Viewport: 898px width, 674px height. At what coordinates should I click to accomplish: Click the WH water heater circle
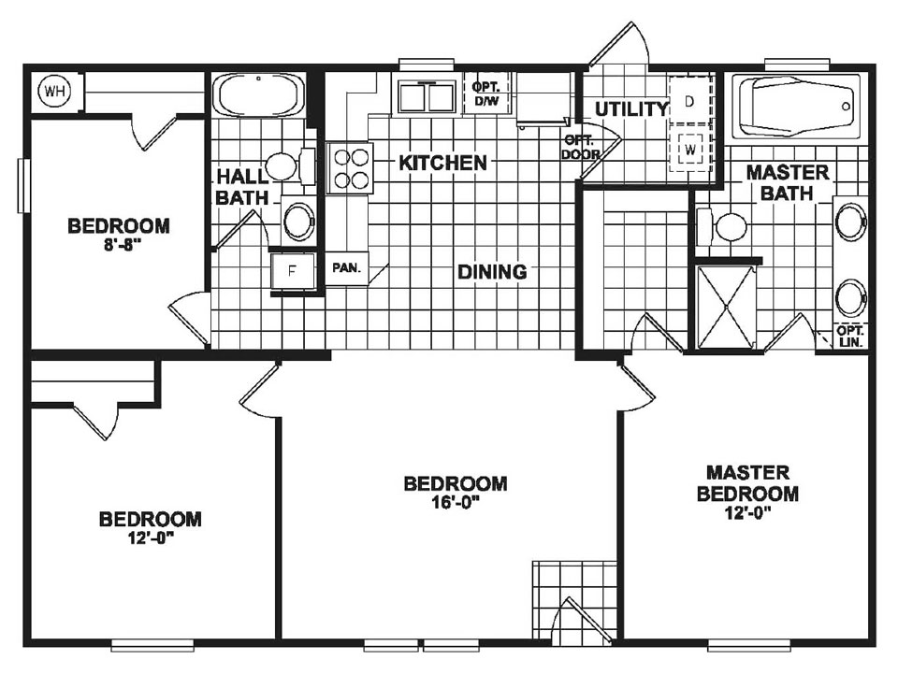coord(53,93)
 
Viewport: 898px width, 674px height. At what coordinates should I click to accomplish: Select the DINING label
coord(492,272)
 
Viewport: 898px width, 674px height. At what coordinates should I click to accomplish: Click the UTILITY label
coord(631,109)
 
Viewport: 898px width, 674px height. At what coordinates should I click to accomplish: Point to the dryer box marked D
coord(689,101)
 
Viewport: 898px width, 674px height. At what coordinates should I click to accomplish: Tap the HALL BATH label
coord(242,186)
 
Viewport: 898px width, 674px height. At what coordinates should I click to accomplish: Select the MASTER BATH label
coord(787,182)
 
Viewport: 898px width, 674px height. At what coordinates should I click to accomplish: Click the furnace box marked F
coord(291,273)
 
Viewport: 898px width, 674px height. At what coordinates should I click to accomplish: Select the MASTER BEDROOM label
coord(747,483)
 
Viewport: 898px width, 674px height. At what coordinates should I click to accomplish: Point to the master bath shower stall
coord(725,306)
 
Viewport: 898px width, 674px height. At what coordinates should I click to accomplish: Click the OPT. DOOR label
coord(580,148)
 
